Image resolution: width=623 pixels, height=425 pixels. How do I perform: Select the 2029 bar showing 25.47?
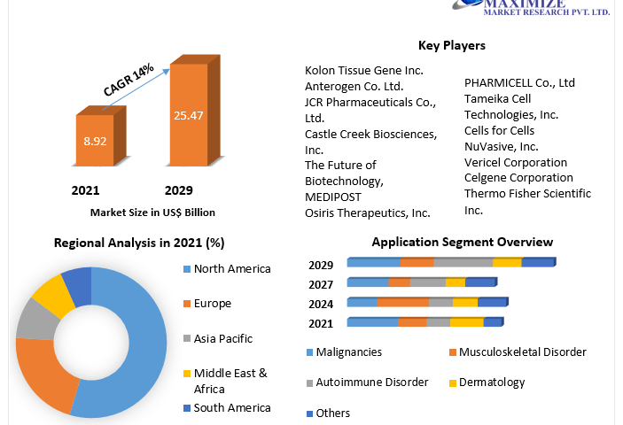click(188, 115)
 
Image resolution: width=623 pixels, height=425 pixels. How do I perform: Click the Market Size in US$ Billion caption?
click(152, 212)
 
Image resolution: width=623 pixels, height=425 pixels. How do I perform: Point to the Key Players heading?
click(451, 46)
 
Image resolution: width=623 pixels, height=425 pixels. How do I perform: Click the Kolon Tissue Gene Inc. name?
click(364, 70)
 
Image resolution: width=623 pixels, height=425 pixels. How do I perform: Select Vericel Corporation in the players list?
click(516, 163)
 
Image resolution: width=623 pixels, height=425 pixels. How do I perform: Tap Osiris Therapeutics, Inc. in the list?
click(367, 212)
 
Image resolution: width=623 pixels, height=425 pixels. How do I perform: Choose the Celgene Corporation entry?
click(518, 178)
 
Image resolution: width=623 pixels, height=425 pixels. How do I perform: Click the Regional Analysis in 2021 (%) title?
click(139, 243)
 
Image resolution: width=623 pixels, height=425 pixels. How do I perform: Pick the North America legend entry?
click(232, 269)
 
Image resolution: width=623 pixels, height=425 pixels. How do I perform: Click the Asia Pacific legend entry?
click(222, 338)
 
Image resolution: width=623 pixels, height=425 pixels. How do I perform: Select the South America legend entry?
click(232, 408)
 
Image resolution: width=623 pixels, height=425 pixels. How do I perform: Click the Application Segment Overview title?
click(462, 242)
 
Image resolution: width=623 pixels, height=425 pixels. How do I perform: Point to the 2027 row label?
click(321, 284)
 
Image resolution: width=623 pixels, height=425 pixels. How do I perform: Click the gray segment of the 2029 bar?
click(463, 263)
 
